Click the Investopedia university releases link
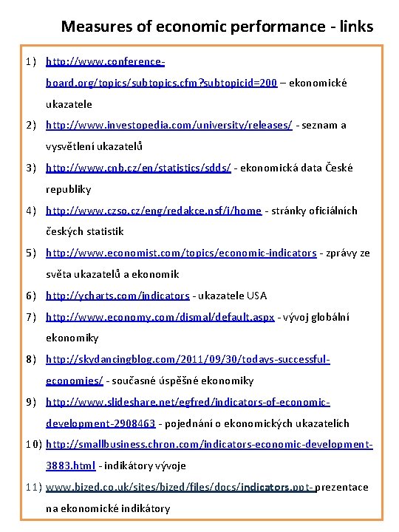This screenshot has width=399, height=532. pyautogui.click(x=168, y=125)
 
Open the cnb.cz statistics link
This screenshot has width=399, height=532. pyautogui.click(x=138, y=168)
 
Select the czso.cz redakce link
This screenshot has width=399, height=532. pyautogui.click(x=153, y=211)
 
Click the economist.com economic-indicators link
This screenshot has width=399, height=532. pyautogui.click(x=181, y=253)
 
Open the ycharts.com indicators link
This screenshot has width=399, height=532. pyautogui.click(x=117, y=296)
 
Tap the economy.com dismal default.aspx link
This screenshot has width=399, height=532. pyautogui.click(x=160, y=317)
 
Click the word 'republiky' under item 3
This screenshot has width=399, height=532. pyautogui.click(x=69, y=189)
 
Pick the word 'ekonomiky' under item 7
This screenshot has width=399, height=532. pyautogui.click(x=72, y=338)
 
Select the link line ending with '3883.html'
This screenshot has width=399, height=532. pyautogui.click(x=70, y=466)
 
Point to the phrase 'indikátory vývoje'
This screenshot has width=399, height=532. pyautogui.click(x=145, y=466)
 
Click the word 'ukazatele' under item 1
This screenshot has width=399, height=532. pyautogui.click(x=69, y=104)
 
